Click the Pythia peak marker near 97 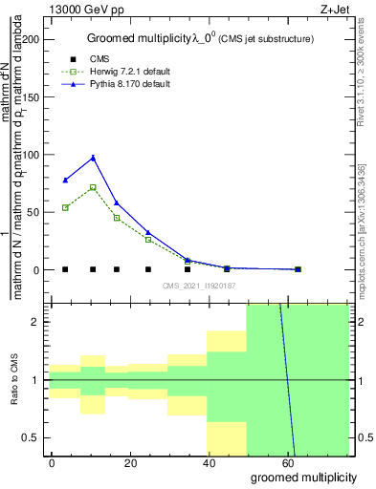93,158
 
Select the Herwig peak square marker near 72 93,187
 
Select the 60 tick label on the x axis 286,462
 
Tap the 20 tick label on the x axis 129,462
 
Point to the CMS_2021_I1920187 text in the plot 198,286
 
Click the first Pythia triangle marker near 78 65,180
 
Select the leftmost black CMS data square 65,269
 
